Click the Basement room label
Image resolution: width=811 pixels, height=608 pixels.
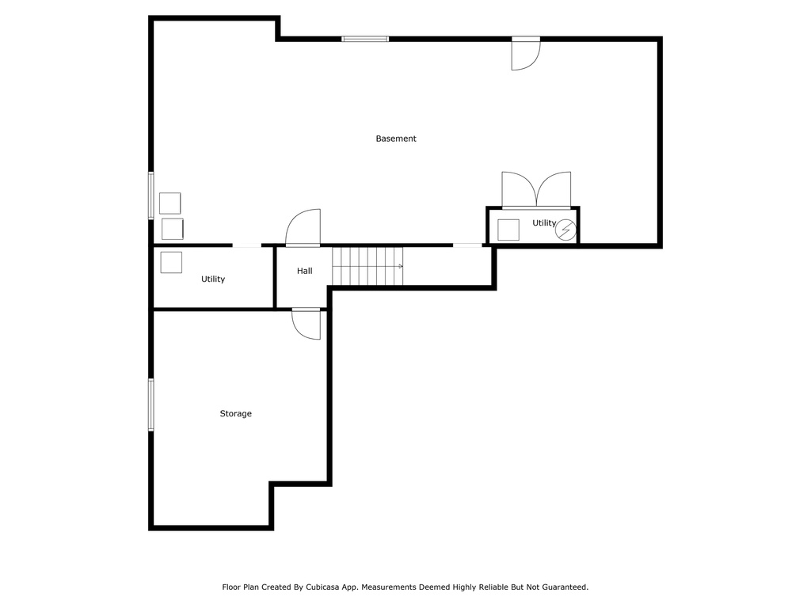396,139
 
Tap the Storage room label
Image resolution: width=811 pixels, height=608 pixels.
236,413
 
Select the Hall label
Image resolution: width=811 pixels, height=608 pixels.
305,271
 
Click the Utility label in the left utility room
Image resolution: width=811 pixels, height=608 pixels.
213,279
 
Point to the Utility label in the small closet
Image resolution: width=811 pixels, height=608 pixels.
544,222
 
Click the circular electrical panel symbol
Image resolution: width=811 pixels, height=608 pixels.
565,230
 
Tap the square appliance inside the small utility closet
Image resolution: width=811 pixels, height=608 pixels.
508,230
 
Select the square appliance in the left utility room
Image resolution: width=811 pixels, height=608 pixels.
171,262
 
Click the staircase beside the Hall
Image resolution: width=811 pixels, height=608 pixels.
367,266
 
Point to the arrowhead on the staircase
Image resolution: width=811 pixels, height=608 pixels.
401,266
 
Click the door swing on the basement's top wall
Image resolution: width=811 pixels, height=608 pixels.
526,54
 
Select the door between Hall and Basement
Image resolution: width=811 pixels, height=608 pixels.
303,227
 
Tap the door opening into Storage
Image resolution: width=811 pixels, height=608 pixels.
307,324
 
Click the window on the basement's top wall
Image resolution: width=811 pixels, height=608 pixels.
365,39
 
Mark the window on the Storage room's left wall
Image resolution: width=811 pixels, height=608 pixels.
151,405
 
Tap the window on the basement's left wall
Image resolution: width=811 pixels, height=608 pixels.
151,196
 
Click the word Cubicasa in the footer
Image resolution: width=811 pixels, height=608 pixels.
323,587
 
